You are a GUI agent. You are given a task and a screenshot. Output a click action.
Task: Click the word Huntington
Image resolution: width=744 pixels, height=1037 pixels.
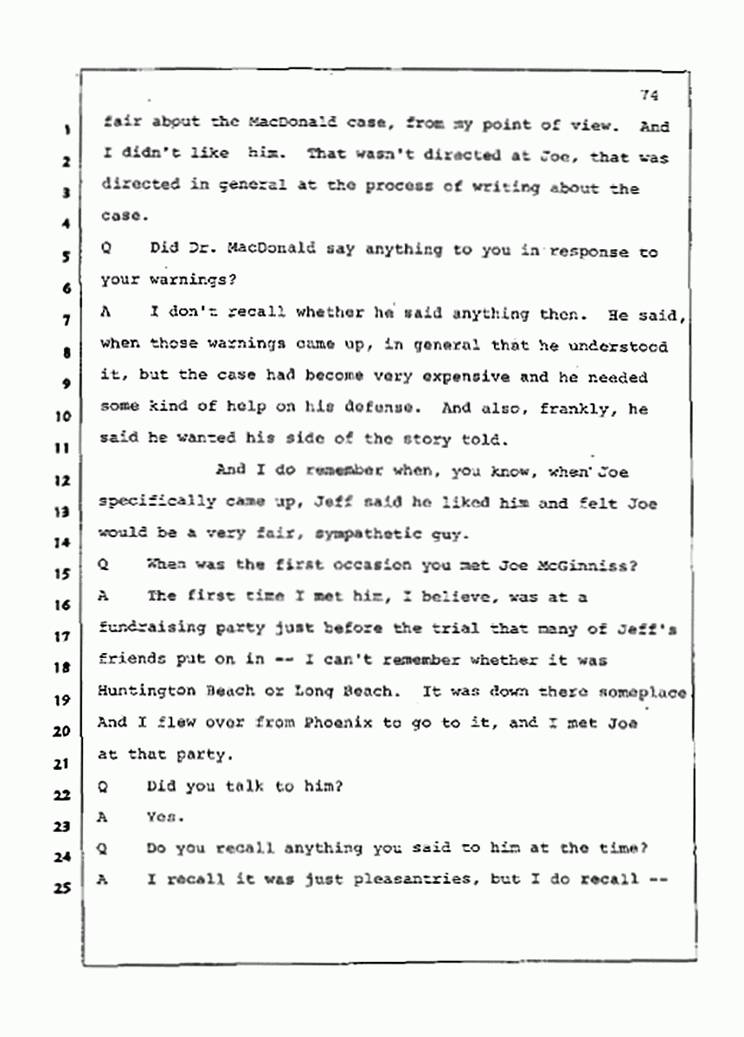click(x=144, y=692)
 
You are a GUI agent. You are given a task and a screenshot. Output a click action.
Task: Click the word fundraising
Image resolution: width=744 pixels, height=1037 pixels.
click(x=144, y=629)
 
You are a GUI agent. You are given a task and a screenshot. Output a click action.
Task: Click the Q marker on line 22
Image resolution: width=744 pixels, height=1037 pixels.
click(x=103, y=785)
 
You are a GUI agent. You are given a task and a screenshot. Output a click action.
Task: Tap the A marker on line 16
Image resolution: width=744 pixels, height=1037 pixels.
click(x=103, y=597)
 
